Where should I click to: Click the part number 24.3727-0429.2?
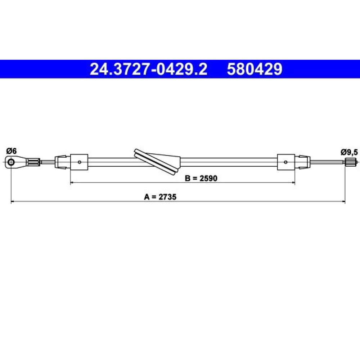[149, 69]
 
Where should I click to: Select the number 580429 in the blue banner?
[255, 69]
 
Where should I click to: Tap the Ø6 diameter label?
[12, 151]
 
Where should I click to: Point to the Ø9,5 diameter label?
[349, 152]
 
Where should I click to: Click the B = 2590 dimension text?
[201, 178]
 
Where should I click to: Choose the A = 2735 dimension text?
[160, 197]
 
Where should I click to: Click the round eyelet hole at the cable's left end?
[11, 162]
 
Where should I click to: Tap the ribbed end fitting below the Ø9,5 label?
[350, 162]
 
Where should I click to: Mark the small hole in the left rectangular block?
[80, 162]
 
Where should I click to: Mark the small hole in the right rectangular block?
[285, 162]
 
